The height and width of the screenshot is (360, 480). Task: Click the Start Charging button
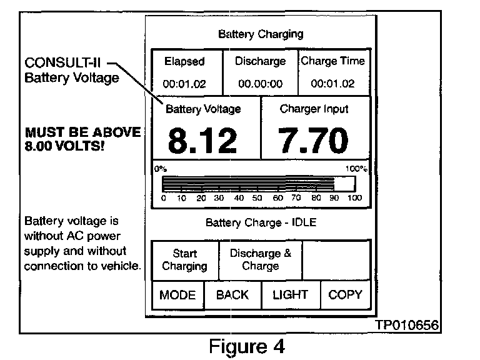click(x=185, y=260)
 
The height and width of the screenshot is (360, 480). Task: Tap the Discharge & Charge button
click(x=260, y=260)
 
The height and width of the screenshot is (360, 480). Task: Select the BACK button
click(x=232, y=295)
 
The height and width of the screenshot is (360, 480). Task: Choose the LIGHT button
click(x=290, y=295)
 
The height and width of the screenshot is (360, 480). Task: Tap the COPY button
click(x=345, y=295)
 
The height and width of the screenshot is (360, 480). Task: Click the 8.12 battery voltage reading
click(x=203, y=141)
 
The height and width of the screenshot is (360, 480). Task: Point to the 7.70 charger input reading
click(x=313, y=141)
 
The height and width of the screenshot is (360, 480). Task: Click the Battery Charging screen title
click(x=261, y=34)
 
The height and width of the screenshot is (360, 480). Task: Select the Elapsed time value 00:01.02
click(x=184, y=83)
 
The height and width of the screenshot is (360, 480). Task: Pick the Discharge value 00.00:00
click(x=260, y=83)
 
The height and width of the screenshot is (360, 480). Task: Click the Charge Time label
click(x=332, y=61)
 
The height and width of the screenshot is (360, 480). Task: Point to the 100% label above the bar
click(x=356, y=169)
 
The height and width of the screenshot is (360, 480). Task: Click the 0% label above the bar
click(x=161, y=169)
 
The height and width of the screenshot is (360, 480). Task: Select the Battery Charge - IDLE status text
click(x=260, y=222)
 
